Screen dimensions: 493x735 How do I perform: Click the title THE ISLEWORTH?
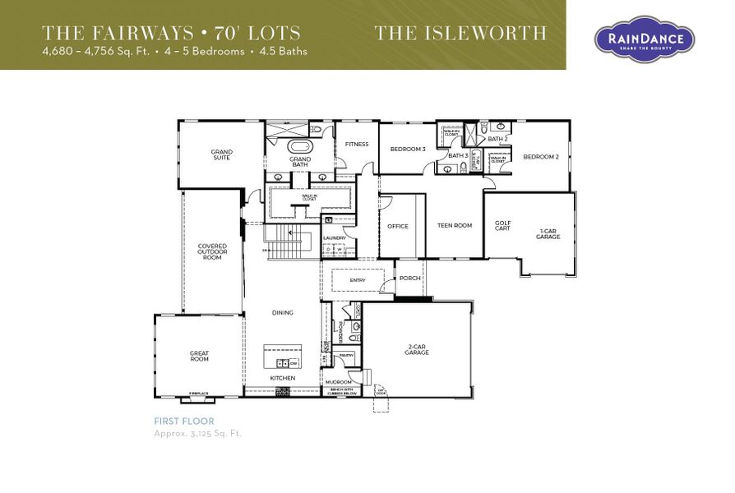(460, 34)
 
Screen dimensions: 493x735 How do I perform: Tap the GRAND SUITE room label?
(221, 154)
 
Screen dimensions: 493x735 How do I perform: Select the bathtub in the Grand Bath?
(299, 149)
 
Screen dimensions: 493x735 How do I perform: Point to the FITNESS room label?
(357, 145)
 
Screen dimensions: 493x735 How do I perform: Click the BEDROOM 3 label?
(407, 149)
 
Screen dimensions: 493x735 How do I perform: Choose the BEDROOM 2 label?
(540, 157)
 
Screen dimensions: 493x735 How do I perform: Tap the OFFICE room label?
(398, 226)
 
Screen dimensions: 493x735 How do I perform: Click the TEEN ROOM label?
(454, 226)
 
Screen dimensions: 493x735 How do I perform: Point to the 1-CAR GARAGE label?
(548, 234)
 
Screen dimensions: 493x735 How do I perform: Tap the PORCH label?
(409, 279)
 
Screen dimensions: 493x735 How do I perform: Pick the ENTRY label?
(358, 280)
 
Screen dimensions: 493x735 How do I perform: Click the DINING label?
(283, 313)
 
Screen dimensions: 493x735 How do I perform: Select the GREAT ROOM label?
(199, 357)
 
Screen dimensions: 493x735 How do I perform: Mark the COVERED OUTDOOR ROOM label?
(212, 252)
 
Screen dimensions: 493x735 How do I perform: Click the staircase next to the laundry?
(290, 244)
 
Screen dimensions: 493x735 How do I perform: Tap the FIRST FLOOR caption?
(184, 421)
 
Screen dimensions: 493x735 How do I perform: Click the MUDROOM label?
(338, 382)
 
